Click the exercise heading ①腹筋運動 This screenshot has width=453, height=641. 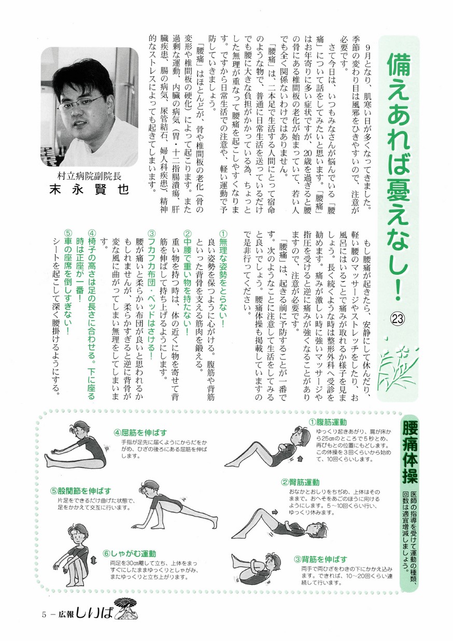click(x=328, y=423)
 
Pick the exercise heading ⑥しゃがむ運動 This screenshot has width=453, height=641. click(x=129, y=553)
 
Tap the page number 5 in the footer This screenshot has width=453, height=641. click(x=45, y=616)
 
